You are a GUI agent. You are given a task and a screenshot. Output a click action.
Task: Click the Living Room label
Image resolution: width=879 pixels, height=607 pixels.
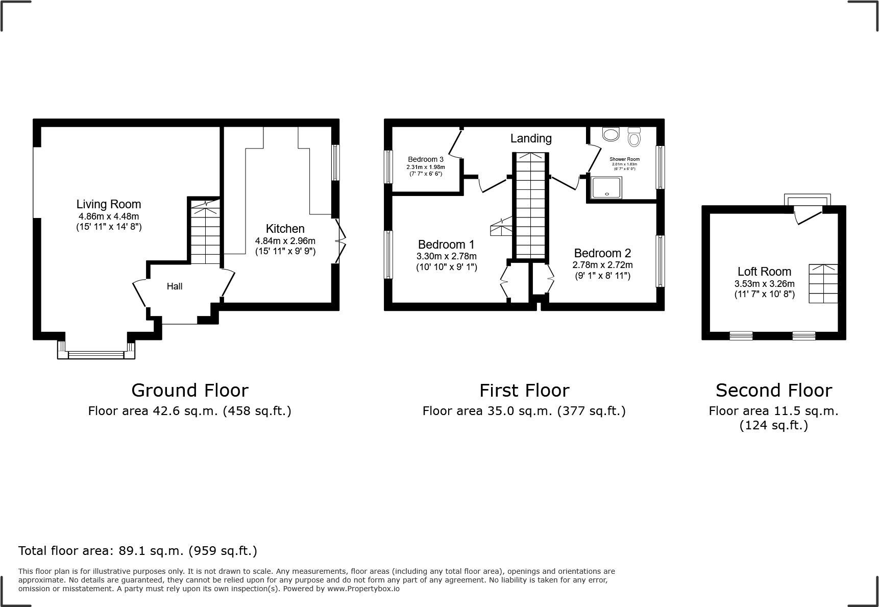108,204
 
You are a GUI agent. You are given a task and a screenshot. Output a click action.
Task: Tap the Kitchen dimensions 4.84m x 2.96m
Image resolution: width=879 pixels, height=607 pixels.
285,241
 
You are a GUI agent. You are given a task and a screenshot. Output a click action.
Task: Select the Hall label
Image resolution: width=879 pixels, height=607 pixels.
175,286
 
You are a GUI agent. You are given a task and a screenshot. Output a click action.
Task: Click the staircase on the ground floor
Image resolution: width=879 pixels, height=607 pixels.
205,232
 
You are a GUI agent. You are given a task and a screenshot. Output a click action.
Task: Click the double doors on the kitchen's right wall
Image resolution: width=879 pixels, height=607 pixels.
340,241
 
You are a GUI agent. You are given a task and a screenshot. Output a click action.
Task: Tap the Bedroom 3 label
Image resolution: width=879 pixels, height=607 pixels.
425,159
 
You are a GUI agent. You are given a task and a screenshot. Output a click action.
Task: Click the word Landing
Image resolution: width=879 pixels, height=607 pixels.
531,138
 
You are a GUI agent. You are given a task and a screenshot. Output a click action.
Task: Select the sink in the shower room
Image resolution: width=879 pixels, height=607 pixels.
610,134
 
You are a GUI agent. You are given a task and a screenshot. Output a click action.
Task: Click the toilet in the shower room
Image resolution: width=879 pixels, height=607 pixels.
634,137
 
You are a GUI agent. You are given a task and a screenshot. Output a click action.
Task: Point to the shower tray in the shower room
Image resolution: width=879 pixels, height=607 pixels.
606,187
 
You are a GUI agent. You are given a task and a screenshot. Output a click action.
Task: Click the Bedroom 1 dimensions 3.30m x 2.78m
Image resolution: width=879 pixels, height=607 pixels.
447,256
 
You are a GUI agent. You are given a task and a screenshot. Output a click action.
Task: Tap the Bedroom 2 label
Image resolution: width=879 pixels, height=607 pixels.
602,253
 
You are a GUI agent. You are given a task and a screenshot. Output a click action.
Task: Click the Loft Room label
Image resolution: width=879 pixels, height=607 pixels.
764,272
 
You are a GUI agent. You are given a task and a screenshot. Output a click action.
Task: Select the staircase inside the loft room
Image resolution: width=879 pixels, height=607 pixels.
823,284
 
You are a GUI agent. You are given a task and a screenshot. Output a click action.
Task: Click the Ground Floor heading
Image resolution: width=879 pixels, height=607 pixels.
190,391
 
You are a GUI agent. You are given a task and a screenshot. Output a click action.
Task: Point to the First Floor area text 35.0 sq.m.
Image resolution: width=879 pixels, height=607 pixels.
524,411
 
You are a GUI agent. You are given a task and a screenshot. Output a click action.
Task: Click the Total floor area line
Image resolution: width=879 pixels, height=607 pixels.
138,551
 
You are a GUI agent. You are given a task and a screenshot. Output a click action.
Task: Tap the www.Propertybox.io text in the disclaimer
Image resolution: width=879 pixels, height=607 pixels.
363,589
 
